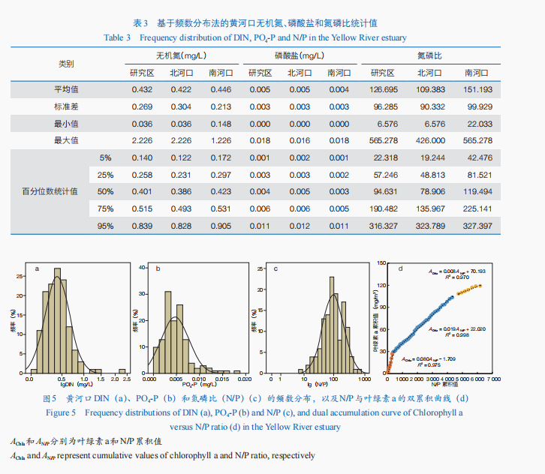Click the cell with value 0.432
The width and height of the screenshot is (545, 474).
pyautogui.click(x=142, y=89)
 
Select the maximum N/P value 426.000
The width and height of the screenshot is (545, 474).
pyautogui.click(x=432, y=140)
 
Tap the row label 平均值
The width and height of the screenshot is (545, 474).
pyautogui.click(x=66, y=89)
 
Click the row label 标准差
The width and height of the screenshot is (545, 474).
pyautogui.click(x=66, y=106)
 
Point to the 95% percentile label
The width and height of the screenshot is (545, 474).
pyautogui.click(x=105, y=225)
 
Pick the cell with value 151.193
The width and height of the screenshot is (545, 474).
pyautogui.click(x=478, y=89)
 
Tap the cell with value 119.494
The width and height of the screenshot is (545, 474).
pyautogui.click(x=478, y=191)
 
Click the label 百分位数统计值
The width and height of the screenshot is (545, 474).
pyautogui.click(x=49, y=191)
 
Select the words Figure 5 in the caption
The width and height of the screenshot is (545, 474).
pyautogui.click(x=61, y=412)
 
